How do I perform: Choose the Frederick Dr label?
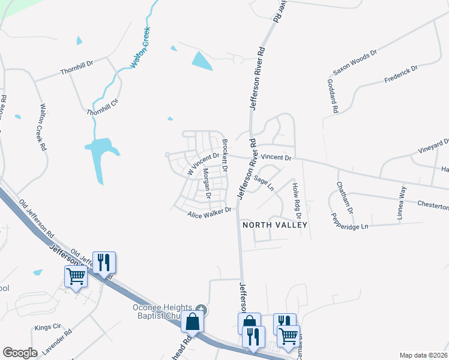(401, 76)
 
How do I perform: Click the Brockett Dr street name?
(225, 156)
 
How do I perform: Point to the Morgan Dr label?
(206, 184)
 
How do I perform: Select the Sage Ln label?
(264, 183)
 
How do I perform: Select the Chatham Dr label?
(345, 197)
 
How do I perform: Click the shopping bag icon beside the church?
(193, 323)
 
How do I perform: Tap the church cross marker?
(202, 310)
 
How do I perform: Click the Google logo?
(20, 352)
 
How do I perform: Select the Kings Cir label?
(48, 328)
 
